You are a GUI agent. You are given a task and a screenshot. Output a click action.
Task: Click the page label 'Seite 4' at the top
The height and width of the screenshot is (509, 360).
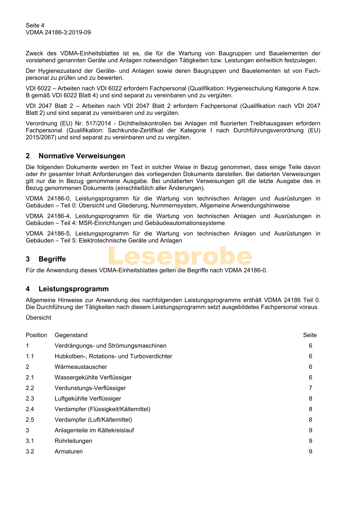pos(35,26)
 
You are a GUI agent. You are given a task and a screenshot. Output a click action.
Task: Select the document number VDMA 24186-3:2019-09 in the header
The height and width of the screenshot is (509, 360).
pos(58,32)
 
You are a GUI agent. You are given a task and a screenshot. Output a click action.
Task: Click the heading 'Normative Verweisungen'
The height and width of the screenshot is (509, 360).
pos(82,156)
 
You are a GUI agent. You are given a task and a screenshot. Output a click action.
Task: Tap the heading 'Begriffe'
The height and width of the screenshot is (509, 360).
pos(52,259)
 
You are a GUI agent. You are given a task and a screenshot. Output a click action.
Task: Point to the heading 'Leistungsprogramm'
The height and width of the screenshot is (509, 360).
pos(74,289)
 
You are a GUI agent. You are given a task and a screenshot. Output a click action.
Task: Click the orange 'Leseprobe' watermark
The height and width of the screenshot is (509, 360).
pos(180,256)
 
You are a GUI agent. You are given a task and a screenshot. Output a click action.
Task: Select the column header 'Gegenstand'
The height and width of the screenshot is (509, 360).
pos(71,335)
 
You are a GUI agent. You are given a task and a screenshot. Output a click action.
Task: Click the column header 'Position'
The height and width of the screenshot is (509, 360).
pos(36,335)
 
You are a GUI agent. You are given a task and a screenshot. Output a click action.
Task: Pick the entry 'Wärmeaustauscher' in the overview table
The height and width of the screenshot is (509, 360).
pos(81,367)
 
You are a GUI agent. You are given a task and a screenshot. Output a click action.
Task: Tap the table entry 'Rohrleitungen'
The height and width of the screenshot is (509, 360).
pos(73,441)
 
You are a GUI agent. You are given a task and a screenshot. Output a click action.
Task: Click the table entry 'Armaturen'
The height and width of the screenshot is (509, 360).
pos(69,452)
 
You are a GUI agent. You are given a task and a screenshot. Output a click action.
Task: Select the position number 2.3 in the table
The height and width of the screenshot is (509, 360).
pos(30,399)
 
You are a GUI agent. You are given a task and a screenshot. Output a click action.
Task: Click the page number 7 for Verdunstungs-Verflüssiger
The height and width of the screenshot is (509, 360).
pos(310,388)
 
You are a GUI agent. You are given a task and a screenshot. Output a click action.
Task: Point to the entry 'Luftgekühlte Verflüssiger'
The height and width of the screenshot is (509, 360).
pos(88,399)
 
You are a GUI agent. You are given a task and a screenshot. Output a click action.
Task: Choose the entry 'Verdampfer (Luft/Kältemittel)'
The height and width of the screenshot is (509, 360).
pos(93,420)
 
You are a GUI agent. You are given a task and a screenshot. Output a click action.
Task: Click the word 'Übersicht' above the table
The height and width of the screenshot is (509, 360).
pos(39,318)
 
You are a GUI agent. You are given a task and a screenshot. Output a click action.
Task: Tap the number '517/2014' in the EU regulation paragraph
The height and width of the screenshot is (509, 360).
pos(98,124)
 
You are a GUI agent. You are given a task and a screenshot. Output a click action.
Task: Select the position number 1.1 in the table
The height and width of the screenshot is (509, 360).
pos(30,356)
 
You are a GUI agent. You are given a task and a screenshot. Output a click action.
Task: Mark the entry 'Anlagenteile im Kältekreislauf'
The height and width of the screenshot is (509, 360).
pos(94,430)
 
